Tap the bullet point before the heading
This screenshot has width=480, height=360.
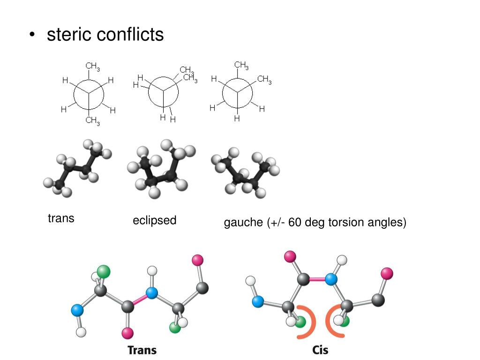31,35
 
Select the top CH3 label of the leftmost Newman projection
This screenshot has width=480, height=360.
92,67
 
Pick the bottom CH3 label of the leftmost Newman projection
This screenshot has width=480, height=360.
92,121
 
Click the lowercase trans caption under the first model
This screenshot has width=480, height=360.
61,218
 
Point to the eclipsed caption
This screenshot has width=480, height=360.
154,220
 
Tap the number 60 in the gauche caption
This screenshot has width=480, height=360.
295,222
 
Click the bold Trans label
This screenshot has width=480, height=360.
142,350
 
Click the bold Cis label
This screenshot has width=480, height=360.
321,350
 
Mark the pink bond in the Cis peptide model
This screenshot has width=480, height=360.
318,279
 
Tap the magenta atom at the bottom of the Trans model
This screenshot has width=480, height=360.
127,333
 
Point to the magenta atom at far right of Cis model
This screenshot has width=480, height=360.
387,273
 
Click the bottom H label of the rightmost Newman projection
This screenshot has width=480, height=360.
237,119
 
